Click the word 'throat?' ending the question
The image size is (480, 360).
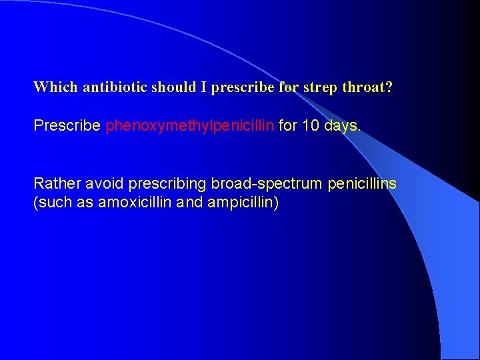coord(367,87)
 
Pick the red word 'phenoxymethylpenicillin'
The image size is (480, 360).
coord(190,126)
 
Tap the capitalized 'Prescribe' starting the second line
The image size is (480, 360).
coord(67,126)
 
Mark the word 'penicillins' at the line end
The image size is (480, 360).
coord(362,183)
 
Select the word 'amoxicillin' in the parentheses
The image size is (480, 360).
coord(135,203)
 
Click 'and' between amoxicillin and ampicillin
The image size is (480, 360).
coord(190,203)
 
